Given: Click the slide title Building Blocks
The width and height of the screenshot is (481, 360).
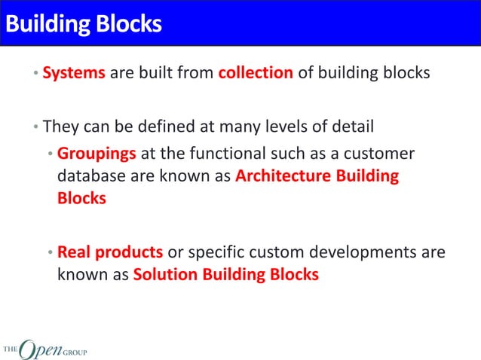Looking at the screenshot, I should [x=83, y=24].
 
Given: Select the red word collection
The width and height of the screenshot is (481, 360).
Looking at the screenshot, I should [x=255, y=74].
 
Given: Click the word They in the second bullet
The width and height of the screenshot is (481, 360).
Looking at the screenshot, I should [x=61, y=126].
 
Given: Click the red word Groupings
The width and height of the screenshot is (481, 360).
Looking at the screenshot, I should [x=97, y=154].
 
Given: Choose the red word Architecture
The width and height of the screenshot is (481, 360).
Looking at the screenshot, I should [x=282, y=177].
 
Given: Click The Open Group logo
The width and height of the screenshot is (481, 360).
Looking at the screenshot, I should [x=44, y=348].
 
